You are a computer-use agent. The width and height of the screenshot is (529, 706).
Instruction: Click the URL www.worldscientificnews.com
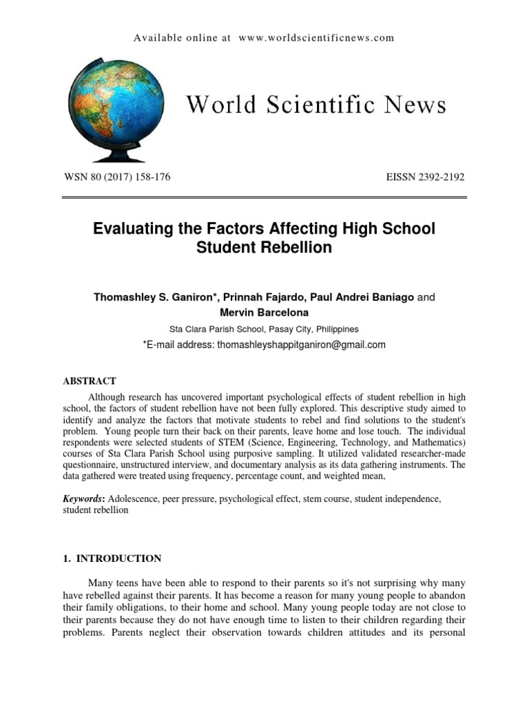tap(316, 38)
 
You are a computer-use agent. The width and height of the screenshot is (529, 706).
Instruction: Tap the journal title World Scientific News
tap(316, 105)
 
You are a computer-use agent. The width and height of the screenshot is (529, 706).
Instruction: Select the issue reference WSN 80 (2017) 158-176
tap(116, 177)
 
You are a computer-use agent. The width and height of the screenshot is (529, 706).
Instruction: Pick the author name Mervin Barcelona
tap(264, 313)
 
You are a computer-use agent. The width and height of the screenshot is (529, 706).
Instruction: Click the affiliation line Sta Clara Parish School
tap(264, 330)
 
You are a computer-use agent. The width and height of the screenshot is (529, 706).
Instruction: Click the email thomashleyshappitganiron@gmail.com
tap(301, 345)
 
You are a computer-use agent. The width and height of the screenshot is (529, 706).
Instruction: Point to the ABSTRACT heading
tap(90, 381)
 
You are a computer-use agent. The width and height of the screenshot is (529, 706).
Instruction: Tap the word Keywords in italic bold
tap(82, 498)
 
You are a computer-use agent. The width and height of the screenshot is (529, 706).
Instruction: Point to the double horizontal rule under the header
tap(264, 199)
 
